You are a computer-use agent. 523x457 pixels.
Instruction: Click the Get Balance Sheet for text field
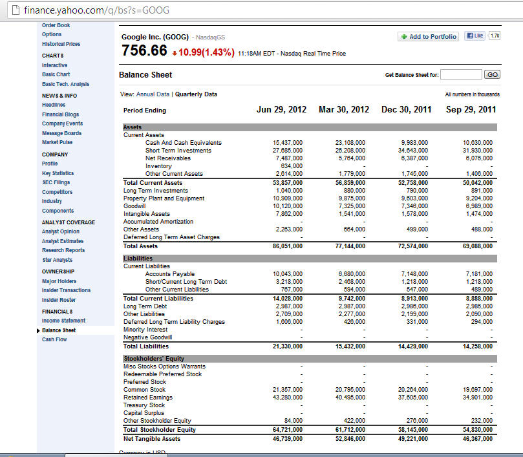[461, 75]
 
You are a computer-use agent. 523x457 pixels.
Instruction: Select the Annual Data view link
[151, 94]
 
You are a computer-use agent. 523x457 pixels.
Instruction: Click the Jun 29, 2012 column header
[281, 110]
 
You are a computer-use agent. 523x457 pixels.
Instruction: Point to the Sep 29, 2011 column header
[471, 110]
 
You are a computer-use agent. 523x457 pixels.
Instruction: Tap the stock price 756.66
[144, 51]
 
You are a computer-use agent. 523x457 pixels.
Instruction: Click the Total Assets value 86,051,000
[288, 246]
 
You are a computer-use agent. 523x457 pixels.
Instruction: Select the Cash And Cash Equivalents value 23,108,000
[350, 143]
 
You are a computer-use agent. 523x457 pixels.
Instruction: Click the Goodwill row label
[135, 206]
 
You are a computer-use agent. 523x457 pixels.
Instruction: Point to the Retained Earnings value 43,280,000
[288, 398]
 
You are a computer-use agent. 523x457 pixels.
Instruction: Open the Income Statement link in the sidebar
[63, 321]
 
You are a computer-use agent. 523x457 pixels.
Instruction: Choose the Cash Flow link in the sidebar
[54, 340]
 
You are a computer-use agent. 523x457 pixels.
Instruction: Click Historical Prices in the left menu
[61, 44]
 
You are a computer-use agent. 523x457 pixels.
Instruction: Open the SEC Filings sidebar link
[56, 183]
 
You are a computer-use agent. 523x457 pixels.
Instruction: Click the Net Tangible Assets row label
[152, 439]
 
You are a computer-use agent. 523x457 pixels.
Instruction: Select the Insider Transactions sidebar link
[66, 291]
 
